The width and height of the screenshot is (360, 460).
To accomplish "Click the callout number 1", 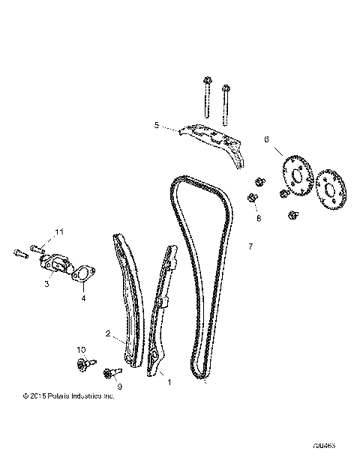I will [169, 381].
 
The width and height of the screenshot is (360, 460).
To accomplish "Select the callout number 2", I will [108, 334].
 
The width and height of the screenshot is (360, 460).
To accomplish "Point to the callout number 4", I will [83, 298].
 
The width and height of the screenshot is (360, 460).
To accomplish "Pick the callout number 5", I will [156, 126].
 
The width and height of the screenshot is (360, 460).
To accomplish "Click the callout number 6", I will [266, 139].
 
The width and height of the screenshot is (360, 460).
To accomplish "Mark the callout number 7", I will [250, 245].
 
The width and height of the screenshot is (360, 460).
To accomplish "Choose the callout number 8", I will [259, 219].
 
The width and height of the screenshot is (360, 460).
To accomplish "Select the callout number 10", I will [82, 350].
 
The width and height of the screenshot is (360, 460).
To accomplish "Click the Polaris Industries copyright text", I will [68, 396].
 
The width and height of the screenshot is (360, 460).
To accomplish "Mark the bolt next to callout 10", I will [82, 365].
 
